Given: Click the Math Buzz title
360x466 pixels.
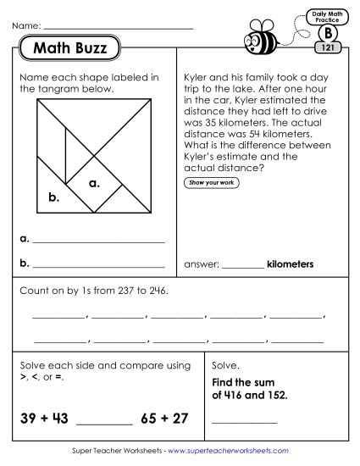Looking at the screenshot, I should tap(70, 49).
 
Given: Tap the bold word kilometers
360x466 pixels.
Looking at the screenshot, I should tap(290, 264).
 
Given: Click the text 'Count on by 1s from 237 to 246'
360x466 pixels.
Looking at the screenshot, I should tap(92, 291).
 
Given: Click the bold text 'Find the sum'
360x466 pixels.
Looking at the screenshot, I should tap(243, 382).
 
